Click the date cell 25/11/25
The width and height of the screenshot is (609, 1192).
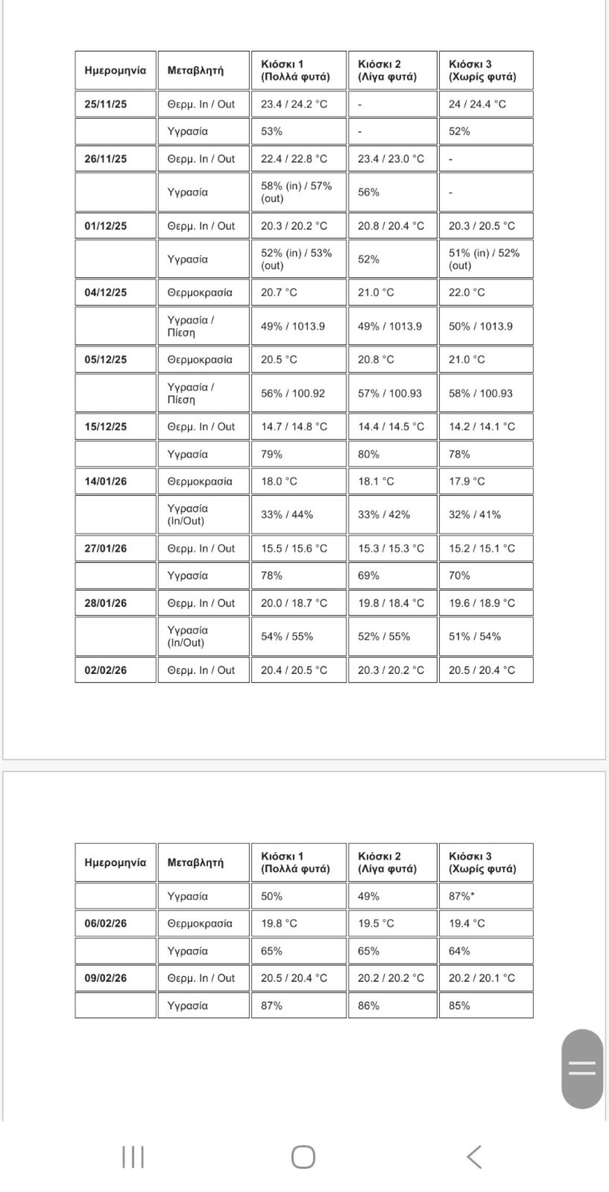point(116,105)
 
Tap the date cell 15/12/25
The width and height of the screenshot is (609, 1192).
point(116,427)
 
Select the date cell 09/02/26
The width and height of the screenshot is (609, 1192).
point(116,978)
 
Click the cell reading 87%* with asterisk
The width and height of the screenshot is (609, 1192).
point(486,896)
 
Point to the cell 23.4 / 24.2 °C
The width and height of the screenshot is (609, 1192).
point(298,105)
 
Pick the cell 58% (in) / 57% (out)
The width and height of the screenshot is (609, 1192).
point(298,192)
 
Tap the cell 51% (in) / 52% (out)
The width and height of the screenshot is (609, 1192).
point(486,259)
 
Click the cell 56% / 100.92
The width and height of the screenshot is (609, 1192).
point(298,393)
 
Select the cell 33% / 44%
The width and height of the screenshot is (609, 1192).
point(298,515)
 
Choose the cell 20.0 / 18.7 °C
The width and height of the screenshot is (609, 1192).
point(298,603)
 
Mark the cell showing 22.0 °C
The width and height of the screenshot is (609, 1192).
point(486,293)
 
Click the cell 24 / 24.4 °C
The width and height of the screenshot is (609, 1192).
point(486,105)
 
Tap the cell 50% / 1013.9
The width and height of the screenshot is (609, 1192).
point(486,326)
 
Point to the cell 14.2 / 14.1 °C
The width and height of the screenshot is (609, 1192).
point(486,427)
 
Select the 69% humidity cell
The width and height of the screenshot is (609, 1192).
point(392,575)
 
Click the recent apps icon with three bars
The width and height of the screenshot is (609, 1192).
point(133,1157)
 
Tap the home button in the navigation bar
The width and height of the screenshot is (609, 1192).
point(303,1157)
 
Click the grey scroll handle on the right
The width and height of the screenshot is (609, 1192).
point(582,1068)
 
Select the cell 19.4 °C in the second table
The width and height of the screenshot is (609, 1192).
point(486,924)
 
